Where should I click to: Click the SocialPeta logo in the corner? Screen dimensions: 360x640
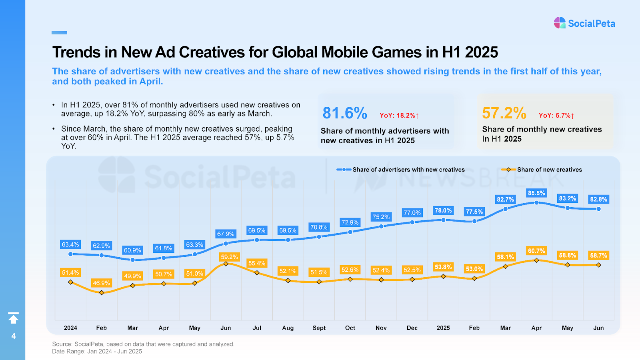point(584,23)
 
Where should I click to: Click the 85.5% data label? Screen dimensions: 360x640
point(536,193)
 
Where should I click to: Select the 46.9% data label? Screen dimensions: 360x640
point(101,283)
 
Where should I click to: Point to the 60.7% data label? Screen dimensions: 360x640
point(536,251)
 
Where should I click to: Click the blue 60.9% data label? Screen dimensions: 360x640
point(132,250)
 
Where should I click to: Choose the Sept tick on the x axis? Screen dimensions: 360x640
point(319,328)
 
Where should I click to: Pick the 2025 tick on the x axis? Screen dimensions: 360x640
point(443,328)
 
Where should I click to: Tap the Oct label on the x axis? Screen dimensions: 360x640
point(350,328)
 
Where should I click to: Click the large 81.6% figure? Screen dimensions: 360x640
point(345,113)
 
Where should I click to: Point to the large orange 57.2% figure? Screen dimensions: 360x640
point(504,113)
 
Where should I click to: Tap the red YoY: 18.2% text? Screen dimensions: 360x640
point(399,116)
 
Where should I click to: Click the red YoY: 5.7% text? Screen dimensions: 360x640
point(556,116)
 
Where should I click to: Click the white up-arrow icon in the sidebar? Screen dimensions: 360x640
point(13,318)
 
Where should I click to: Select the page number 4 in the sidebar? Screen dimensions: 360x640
point(13,336)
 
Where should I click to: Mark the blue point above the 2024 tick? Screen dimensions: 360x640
point(70,254)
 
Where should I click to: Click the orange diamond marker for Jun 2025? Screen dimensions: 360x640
point(598,265)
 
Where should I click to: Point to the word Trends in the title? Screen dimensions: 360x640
point(76,52)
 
